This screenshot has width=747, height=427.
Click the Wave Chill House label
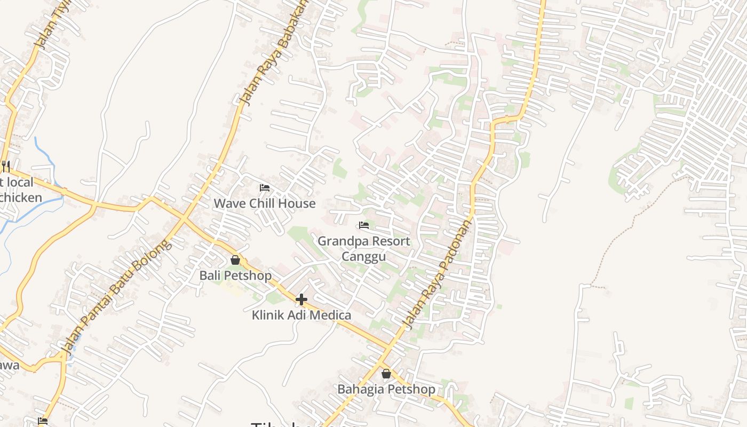(x=265, y=203)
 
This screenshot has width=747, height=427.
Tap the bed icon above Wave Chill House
(x=264, y=187)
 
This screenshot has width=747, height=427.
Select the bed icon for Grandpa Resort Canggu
(x=364, y=225)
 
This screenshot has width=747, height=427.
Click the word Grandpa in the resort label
(x=341, y=241)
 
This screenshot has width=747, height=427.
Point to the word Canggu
(x=363, y=257)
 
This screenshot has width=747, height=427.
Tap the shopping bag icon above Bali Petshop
(x=235, y=260)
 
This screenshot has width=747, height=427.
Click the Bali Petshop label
(x=235, y=275)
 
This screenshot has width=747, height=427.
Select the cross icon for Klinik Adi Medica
(x=301, y=299)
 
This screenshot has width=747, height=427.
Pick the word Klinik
(x=269, y=315)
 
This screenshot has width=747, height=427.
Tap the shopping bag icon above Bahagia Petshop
(x=386, y=374)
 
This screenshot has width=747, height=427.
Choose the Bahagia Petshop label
(x=386, y=389)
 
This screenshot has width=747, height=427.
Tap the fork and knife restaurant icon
(x=5, y=166)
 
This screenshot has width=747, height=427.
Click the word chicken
(x=21, y=197)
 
